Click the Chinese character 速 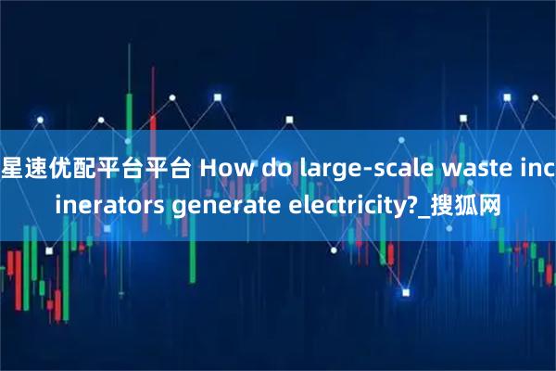pos(40,168)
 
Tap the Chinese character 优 pos(65,168)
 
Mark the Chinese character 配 pos(89,168)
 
